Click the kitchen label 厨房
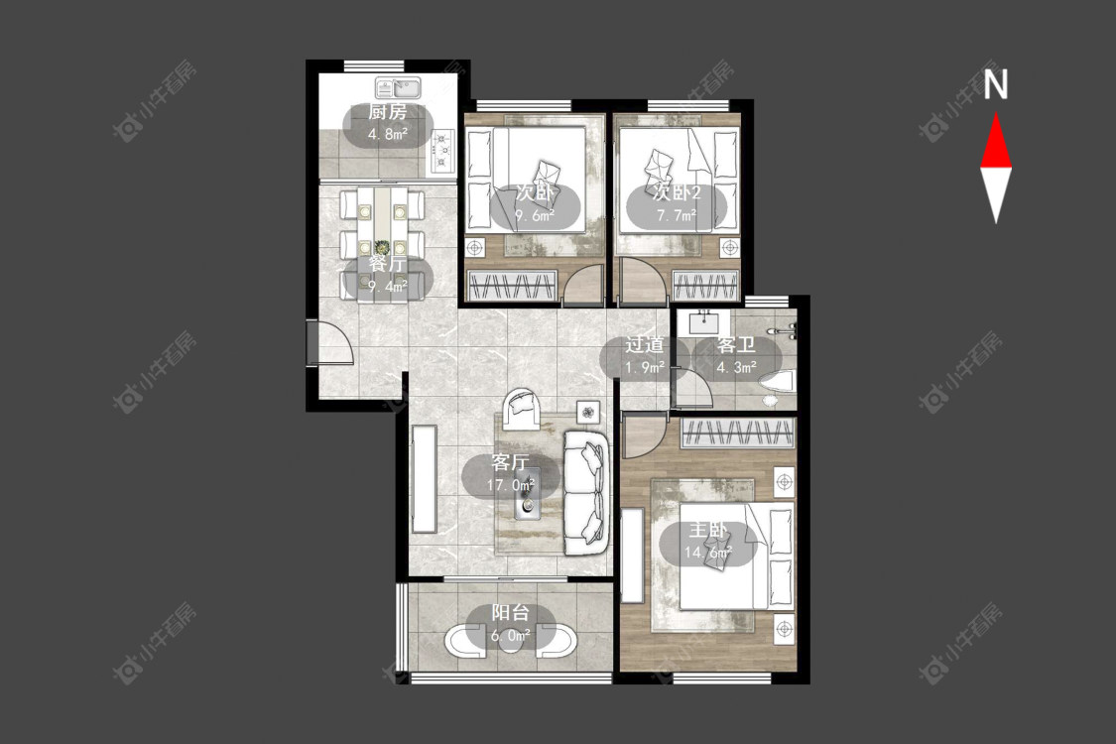click(x=388, y=112)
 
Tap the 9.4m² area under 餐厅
click(x=388, y=287)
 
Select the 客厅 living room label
click(x=510, y=463)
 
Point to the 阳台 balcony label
click(x=510, y=612)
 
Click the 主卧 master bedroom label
click(x=708, y=531)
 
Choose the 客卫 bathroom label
click(x=736, y=346)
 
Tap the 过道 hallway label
click(x=645, y=346)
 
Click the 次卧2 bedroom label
click(x=677, y=192)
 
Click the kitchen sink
click(x=399, y=88)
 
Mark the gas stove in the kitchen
click(x=443, y=151)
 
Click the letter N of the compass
click(x=996, y=83)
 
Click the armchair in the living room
click(x=523, y=410)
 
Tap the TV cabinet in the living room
click(x=425, y=478)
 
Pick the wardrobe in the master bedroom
click(x=737, y=434)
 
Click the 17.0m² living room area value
click(x=510, y=485)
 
